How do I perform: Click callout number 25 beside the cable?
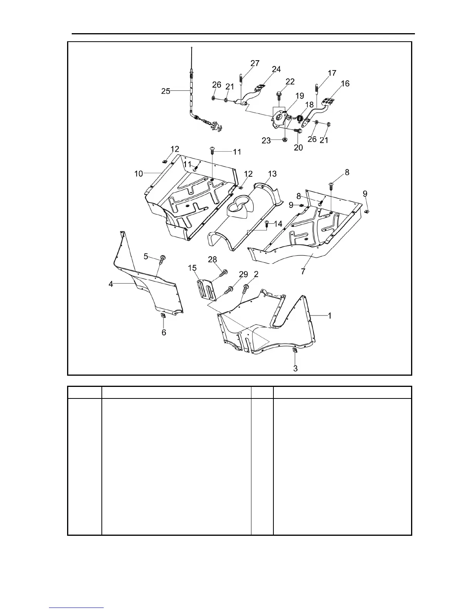pyautogui.click(x=165, y=91)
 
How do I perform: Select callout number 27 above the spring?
pyautogui.click(x=255, y=63)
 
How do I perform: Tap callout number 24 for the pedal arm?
pyautogui.click(x=276, y=69)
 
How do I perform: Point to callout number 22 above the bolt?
pyautogui.click(x=290, y=81)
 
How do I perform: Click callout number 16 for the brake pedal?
pyautogui.click(x=345, y=84)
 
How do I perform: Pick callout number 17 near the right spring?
pyautogui.click(x=332, y=73)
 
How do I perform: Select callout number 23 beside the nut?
pyautogui.click(x=266, y=141)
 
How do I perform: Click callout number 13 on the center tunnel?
pyautogui.click(x=272, y=174)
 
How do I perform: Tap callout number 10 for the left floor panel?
pyautogui.click(x=138, y=174)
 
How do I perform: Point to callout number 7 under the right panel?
pyautogui.click(x=303, y=272)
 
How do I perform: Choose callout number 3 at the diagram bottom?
pyautogui.click(x=295, y=368)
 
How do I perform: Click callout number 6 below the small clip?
pyautogui.click(x=164, y=332)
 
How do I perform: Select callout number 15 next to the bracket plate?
pyautogui.click(x=192, y=268)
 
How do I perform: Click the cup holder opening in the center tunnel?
pyautogui.click(x=239, y=203)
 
